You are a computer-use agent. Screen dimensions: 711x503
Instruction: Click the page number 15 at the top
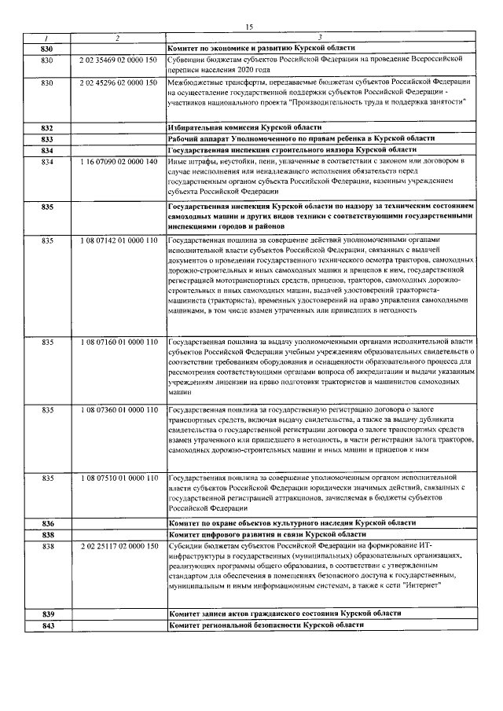pos(248,27)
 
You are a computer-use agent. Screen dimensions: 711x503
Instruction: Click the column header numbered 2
pos(118,38)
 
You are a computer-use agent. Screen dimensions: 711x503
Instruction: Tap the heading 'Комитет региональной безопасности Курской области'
pos(267,625)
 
